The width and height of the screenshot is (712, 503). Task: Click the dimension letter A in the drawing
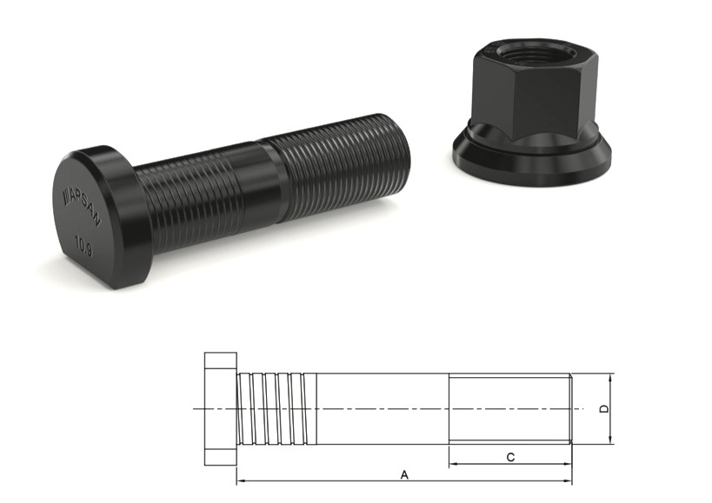[403, 474]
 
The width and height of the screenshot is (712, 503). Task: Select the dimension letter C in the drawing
[510, 456]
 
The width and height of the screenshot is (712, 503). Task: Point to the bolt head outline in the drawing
[221, 408]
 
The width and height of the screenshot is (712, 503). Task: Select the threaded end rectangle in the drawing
[509, 408]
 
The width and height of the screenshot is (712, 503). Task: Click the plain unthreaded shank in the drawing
[383, 408]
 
